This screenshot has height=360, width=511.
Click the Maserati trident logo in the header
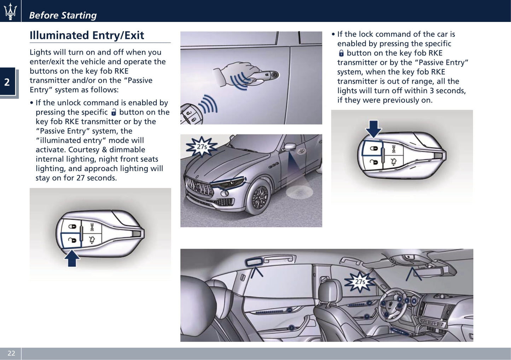coord(10,11)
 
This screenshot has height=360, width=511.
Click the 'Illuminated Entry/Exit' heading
coord(87,35)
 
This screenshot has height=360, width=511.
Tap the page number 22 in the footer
coord(11,353)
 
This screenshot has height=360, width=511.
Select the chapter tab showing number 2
coord(7,82)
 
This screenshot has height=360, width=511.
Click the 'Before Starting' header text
coord(63,15)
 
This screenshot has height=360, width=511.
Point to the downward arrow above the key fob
coord(373,128)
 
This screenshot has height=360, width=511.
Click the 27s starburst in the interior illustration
coord(360,282)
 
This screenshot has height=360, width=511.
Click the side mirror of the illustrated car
coord(290,147)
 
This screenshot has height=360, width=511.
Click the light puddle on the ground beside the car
coord(299,192)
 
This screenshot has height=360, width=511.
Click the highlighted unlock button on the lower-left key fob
coord(72,240)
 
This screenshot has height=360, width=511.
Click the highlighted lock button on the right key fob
coord(373,149)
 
